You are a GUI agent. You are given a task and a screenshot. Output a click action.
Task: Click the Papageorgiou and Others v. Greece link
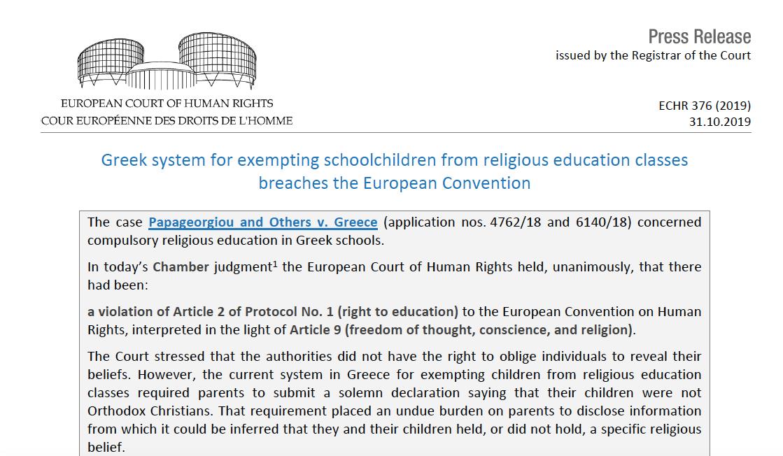pos(262,222)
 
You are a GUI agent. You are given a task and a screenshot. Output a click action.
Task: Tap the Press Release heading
pos(699,36)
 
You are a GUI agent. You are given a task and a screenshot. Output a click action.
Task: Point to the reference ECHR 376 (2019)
pos(705,106)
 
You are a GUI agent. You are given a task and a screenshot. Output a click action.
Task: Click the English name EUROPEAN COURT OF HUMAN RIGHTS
pos(167,104)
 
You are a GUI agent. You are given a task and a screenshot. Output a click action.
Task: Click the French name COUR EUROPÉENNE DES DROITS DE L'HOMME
pos(167,120)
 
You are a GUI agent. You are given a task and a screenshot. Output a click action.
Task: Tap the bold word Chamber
pos(181,267)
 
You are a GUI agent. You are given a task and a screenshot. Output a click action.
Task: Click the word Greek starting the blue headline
pos(123,160)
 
